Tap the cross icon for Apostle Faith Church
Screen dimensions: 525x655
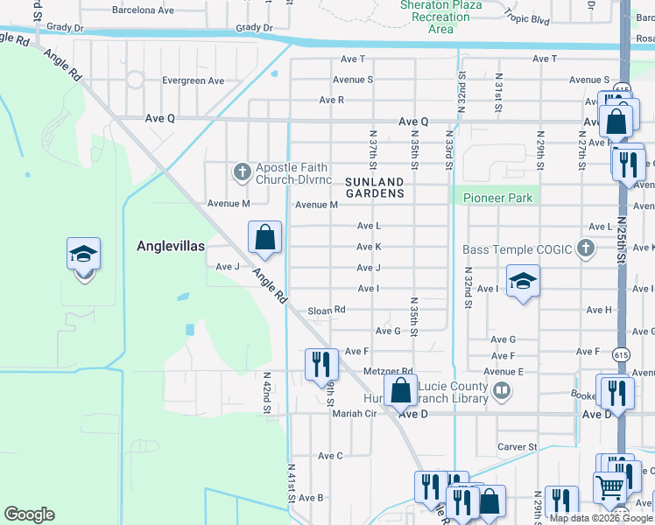[x=241, y=172]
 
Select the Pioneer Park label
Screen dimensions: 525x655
[x=498, y=198]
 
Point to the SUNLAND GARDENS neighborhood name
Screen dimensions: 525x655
[x=375, y=186]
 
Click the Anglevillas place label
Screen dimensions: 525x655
[x=171, y=246]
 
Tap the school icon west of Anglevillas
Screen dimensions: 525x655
[x=84, y=255]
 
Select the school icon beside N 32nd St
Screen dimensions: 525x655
[x=523, y=281]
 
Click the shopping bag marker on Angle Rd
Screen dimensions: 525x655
[x=264, y=237]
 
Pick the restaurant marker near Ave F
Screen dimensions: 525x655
[x=321, y=363]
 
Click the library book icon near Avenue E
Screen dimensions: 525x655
[x=502, y=391]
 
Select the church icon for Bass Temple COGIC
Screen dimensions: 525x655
[x=586, y=250]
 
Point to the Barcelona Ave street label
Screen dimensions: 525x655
[x=144, y=10]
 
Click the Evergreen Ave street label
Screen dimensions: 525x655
[x=193, y=80]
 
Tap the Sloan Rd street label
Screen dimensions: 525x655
[x=327, y=310]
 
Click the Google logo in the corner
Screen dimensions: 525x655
[x=29, y=514]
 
